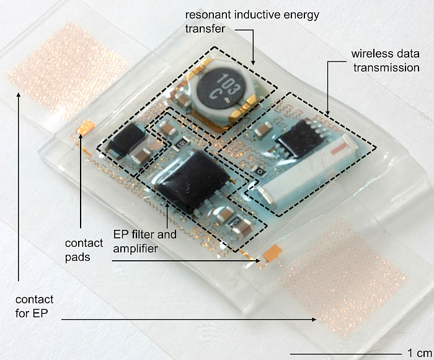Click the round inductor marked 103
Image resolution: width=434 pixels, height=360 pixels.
(x=217, y=92)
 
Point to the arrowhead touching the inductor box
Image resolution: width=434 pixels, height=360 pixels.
(x=254, y=63)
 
